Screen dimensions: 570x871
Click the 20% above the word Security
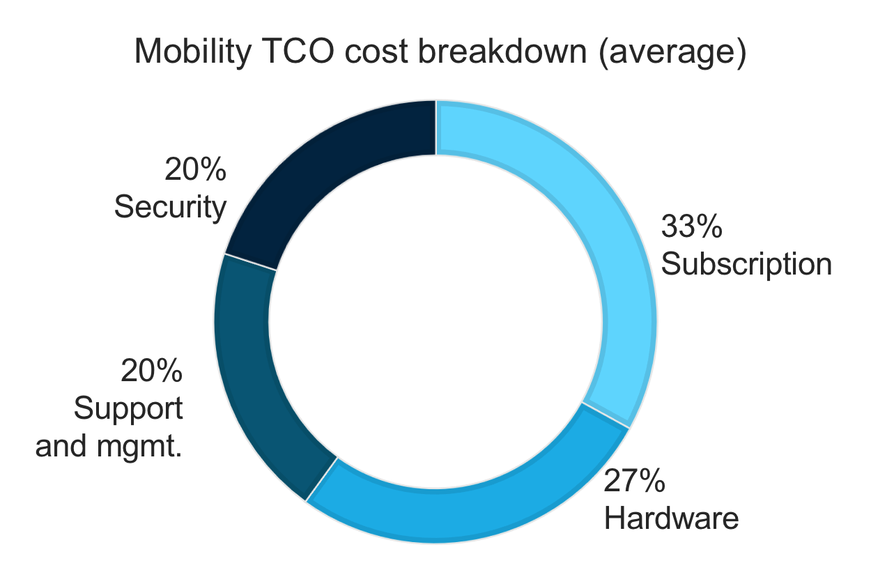pyautogui.click(x=195, y=170)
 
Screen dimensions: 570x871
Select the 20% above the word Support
pyautogui.click(x=152, y=371)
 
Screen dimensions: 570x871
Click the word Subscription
pyautogui.click(x=746, y=264)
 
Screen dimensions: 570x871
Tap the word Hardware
pyautogui.click(x=671, y=518)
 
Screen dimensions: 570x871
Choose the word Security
pyautogui.click(x=171, y=207)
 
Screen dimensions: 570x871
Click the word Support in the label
pyautogui.click(x=128, y=408)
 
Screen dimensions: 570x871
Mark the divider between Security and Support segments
pyautogui.click(x=251, y=262)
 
